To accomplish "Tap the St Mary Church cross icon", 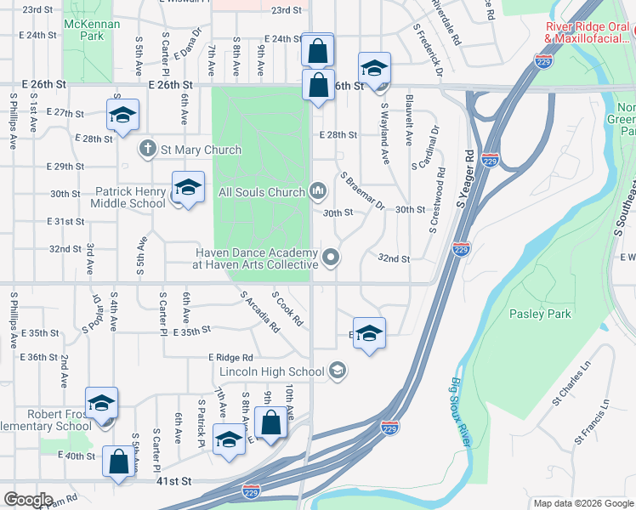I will pos(147,149).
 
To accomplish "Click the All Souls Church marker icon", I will pos(318,191).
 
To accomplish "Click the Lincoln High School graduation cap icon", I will pos(338,370).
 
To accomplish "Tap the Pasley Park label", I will pos(541,314).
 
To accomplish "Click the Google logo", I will pos(27,499).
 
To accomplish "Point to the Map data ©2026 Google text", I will pos(582,503).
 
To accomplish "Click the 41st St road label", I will pos(173,481).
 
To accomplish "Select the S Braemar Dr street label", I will pos(363,192).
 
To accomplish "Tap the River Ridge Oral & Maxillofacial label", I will pos(588,32).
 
